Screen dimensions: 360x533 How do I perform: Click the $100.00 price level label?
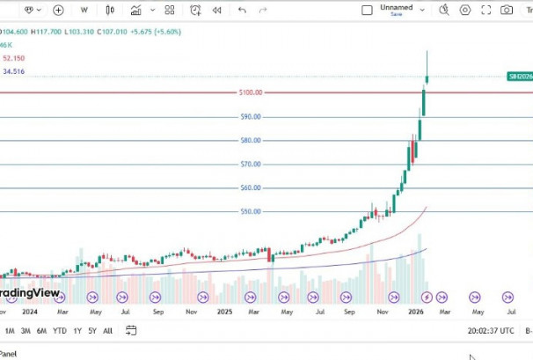251,92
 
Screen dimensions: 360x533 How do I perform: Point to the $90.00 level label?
251,117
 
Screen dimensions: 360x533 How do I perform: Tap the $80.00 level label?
251,141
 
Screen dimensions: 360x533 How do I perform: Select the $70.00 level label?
251,165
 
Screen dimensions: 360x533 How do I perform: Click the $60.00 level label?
251,187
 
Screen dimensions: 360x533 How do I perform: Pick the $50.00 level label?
251,211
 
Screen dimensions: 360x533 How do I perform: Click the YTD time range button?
60,331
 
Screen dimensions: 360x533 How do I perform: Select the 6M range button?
41,331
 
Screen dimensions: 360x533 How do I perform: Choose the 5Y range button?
92,331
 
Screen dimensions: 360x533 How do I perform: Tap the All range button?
107,331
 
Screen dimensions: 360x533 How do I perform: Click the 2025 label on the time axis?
224,312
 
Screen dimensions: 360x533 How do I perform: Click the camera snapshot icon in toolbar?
507,11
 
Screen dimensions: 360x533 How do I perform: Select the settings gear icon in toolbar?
464,11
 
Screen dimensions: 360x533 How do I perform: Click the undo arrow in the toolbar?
242,11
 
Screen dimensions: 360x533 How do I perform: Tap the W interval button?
84,11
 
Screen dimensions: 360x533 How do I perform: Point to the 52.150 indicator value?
13,58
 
